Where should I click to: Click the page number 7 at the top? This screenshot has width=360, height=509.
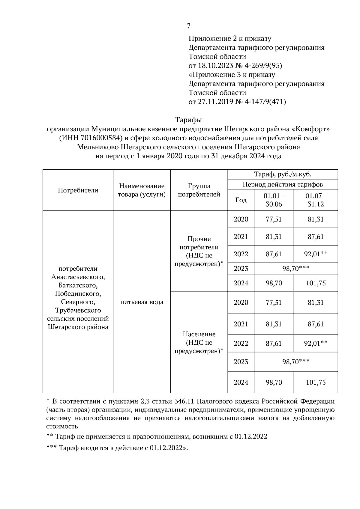click(188, 26)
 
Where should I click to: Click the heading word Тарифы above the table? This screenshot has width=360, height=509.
click(188, 120)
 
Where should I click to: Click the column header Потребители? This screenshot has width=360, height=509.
click(78, 190)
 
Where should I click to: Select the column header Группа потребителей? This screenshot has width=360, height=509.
click(199, 190)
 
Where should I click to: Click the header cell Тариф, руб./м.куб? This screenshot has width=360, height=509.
click(283, 174)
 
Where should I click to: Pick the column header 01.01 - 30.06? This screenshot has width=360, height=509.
click(274, 200)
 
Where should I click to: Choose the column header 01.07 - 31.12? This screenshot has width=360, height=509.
click(316, 200)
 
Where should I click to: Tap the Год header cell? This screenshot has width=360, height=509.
click(241, 200)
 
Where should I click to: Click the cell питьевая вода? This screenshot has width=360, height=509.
click(142, 302)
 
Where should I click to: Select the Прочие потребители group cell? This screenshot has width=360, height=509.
click(199, 251)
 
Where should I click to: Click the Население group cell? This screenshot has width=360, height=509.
click(199, 342)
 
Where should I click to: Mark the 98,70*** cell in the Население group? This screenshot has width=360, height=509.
click(295, 362)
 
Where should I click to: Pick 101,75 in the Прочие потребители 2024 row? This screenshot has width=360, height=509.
click(316, 283)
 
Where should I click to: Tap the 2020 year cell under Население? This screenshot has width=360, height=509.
click(241, 302)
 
